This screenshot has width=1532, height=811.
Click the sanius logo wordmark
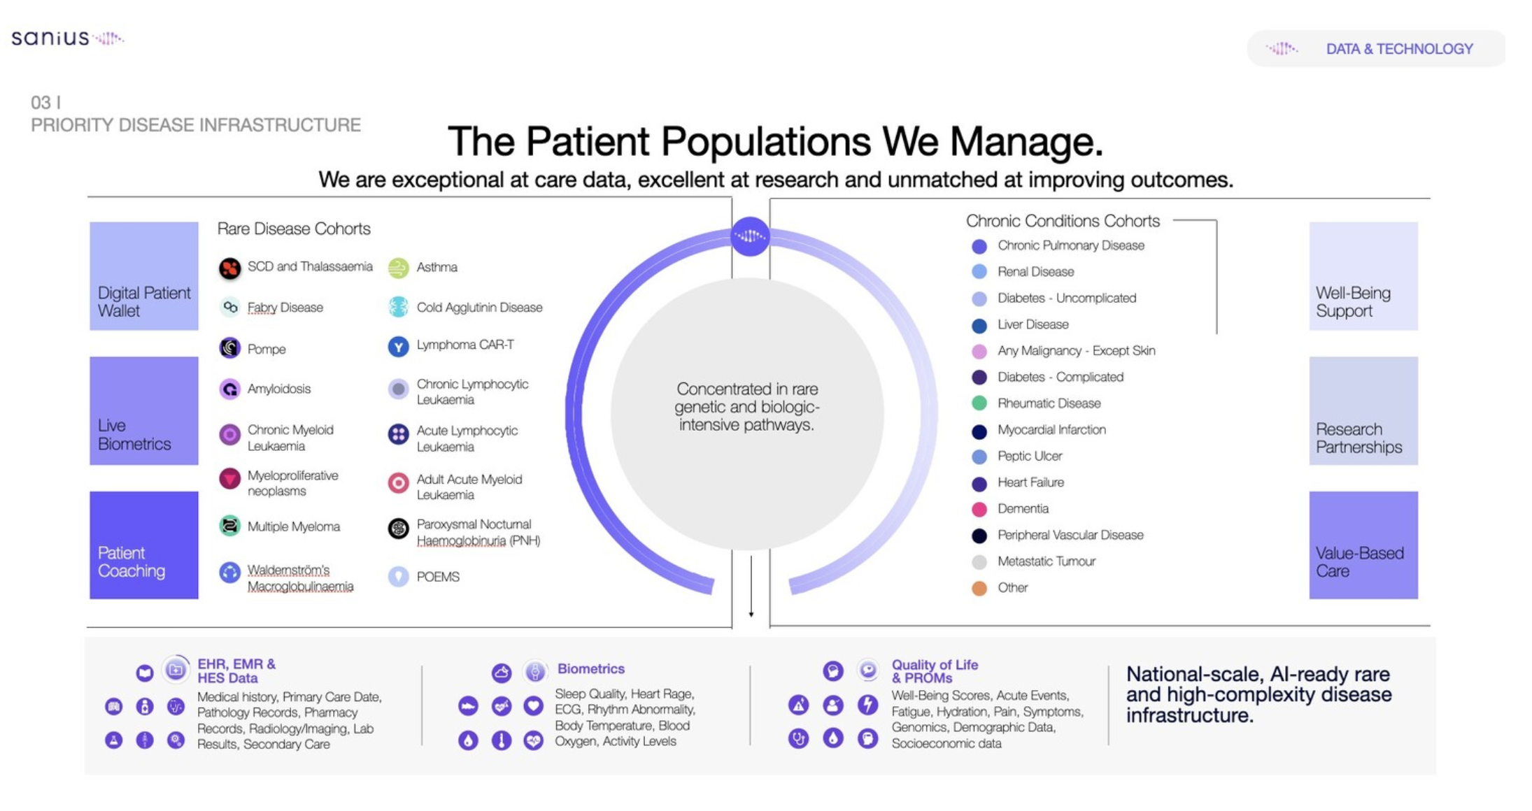click(50, 38)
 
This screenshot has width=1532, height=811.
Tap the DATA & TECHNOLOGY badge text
click(1399, 49)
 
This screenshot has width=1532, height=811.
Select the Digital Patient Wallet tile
click(143, 276)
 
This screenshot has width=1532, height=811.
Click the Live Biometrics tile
click(143, 411)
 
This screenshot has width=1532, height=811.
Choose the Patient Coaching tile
click(143, 545)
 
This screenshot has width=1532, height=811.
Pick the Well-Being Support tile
click(1363, 276)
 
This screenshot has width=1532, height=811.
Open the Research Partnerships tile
click(1363, 411)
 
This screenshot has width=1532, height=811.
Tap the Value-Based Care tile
click(1363, 545)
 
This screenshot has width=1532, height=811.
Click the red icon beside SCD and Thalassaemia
click(229, 268)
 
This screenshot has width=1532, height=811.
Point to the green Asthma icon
click(398, 268)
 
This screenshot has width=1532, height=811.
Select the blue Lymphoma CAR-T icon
click(398, 347)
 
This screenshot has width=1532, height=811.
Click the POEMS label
click(438, 577)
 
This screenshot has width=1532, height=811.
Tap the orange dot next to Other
click(979, 588)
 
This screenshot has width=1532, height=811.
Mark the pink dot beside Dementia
click(979, 509)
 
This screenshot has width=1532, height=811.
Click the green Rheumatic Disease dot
click(979, 403)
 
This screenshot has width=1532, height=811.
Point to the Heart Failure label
click(1030, 482)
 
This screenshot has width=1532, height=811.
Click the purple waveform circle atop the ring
click(749, 236)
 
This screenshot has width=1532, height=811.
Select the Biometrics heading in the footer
click(590, 669)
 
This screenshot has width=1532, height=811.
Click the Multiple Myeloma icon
click(229, 526)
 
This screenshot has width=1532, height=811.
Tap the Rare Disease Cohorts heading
click(294, 229)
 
